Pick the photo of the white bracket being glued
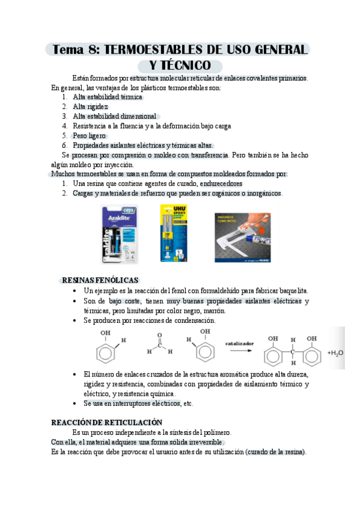point(247,232)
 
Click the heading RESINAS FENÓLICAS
point(100,280)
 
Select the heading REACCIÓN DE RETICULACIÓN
point(107,422)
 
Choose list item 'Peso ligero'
point(90,135)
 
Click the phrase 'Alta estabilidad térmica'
point(108,97)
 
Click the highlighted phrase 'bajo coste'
point(125,301)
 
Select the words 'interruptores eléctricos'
point(144,403)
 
